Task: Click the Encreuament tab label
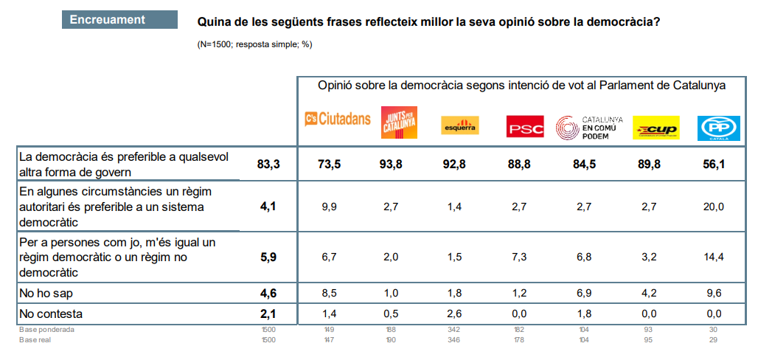(x=108, y=20)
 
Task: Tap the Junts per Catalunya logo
(x=400, y=122)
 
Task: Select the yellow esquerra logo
(x=459, y=125)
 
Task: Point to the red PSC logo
(x=525, y=127)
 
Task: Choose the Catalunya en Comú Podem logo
(x=589, y=127)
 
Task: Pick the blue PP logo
(x=713, y=128)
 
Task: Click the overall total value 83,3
(x=268, y=165)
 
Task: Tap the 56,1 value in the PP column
(x=714, y=165)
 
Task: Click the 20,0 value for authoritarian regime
(x=714, y=207)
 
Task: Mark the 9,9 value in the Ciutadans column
(x=329, y=207)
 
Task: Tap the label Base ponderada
(x=46, y=330)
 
